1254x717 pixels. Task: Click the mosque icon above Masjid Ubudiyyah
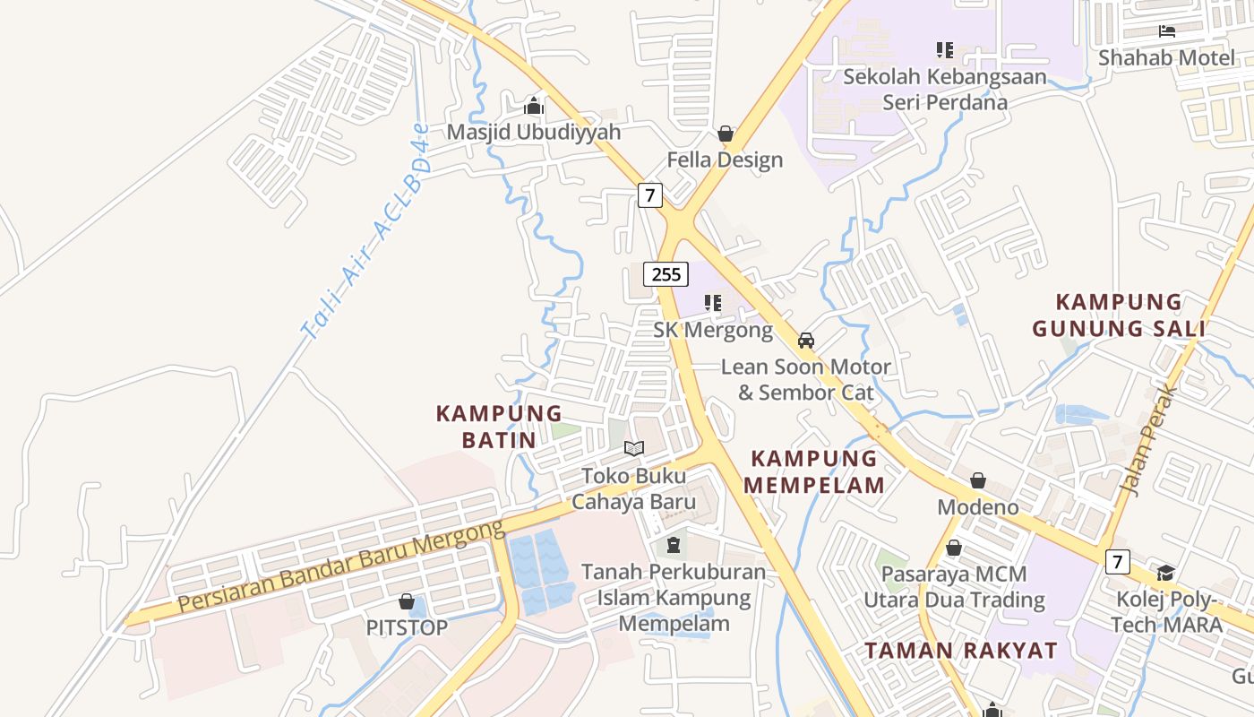[534, 107]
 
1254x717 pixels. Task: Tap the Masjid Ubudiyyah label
[533, 132]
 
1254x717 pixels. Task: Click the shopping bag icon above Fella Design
[726, 134]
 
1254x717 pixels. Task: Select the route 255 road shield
[666, 274]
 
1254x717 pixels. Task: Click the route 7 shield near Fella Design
[650, 194]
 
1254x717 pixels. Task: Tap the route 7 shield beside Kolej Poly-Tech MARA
[1116, 562]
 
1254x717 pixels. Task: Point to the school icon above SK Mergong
[713, 303]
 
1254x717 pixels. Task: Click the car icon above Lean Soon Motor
[806, 340]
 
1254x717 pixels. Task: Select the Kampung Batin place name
[499, 427]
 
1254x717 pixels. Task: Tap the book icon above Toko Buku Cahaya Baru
[634, 448]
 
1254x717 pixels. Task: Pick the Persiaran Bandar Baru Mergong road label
[340, 567]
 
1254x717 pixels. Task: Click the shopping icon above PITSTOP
[407, 601]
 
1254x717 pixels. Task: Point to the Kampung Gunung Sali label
[1119, 315]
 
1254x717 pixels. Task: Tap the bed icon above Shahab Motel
[1167, 31]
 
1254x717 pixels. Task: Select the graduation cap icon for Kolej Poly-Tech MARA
[1165, 573]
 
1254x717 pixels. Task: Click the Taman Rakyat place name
[960, 651]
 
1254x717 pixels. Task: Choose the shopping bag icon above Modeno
[978, 481]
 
